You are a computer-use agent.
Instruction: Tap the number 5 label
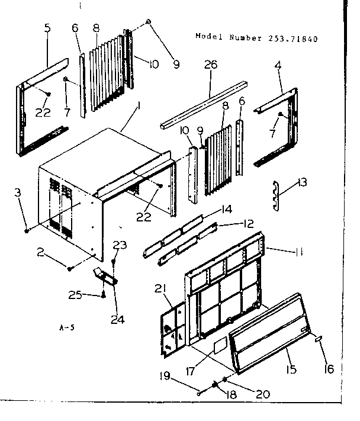47,28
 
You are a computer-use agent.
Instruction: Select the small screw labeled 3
28,229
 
